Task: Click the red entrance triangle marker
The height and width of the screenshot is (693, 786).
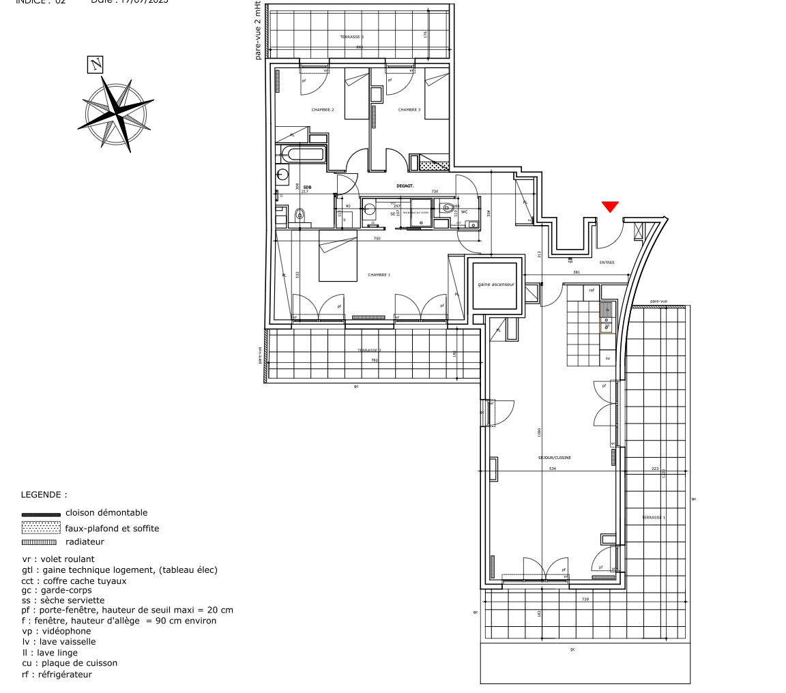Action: tap(609, 207)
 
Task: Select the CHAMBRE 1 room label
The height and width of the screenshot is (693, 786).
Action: tap(379, 275)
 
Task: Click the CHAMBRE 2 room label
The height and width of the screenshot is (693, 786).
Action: tap(323, 110)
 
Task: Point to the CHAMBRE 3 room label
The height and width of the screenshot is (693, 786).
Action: tap(409, 110)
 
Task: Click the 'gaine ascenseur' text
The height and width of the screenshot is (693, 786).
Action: tap(496, 284)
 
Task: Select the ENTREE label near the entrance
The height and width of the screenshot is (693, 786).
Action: tap(607, 263)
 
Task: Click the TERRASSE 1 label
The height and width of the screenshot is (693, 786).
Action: tap(653, 518)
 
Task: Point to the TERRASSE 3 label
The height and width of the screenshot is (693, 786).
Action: tap(352, 37)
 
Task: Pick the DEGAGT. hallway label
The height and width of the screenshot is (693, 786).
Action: tap(405, 186)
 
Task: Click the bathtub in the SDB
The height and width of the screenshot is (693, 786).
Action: tap(306, 154)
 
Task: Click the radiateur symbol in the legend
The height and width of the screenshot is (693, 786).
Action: tap(40, 542)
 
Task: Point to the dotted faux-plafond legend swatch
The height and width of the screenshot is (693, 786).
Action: tap(41, 527)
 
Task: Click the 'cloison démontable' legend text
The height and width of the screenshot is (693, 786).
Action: tap(106, 513)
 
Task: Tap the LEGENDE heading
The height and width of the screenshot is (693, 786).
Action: tap(44, 495)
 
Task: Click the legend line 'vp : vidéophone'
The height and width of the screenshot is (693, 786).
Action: tap(56, 632)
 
